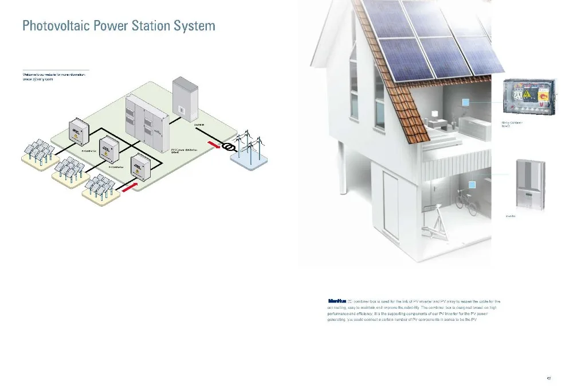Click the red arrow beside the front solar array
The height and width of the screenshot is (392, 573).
[x=129, y=187]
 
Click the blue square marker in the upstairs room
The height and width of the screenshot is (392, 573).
[x=466, y=102]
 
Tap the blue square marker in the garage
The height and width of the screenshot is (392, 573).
[x=472, y=185]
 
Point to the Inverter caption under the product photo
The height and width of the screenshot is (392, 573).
[x=511, y=216]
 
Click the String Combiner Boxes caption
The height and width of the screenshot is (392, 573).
[x=512, y=123]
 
